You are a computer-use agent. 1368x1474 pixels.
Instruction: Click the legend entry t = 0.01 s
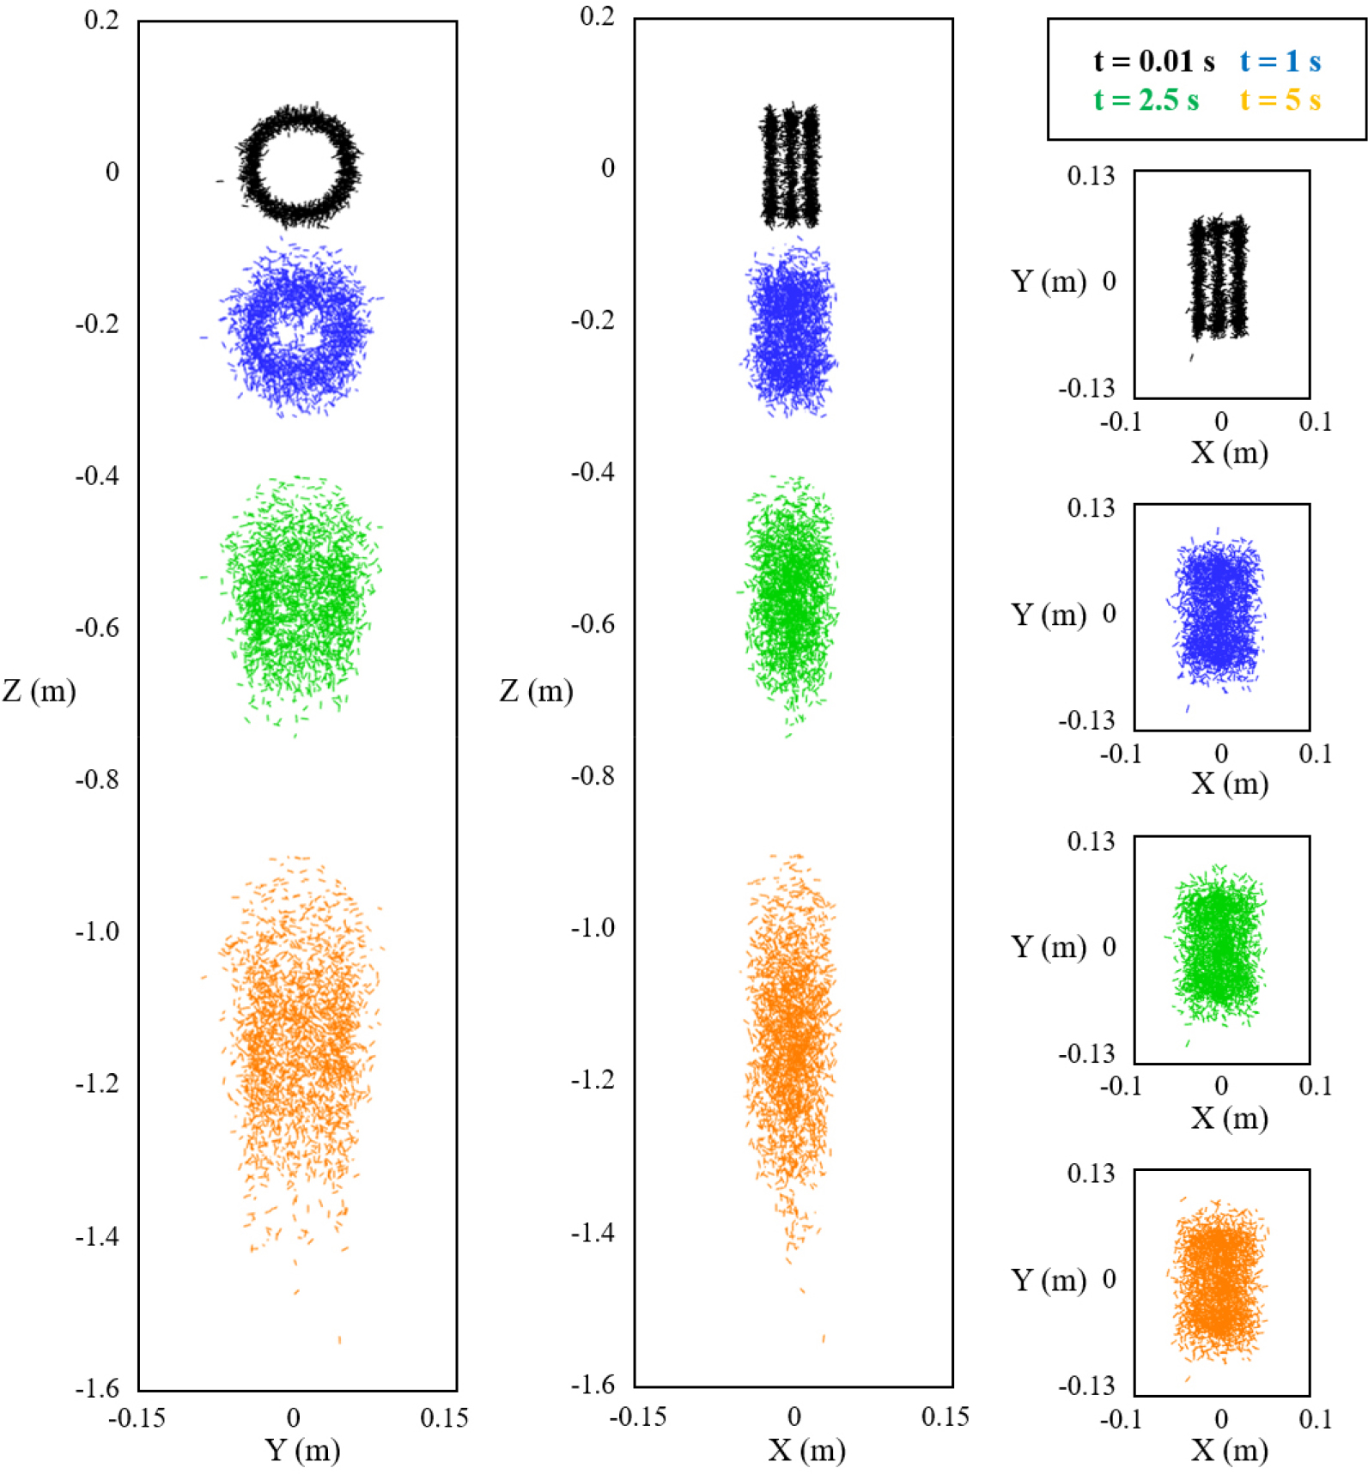coord(1153,62)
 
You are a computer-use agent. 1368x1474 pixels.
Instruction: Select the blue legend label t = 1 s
coord(1280,62)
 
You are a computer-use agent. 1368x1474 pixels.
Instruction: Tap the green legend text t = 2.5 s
coord(1146,100)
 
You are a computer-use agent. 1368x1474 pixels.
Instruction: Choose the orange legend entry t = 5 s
coord(1280,100)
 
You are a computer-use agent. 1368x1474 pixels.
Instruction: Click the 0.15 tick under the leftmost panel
coord(444,1417)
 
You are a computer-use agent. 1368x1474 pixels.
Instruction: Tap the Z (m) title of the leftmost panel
coord(40,690)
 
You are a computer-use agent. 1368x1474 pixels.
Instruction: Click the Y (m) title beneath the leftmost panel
coord(302,1450)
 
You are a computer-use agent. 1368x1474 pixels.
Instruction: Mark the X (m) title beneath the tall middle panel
coord(806,1450)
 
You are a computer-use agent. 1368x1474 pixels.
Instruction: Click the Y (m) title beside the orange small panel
coord(1049,1280)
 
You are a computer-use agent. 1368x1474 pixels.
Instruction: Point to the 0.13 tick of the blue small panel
coord(1091,508)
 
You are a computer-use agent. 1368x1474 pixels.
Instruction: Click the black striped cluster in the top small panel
coord(1218,276)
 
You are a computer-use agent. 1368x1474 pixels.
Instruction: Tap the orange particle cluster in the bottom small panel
coord(1218,1279)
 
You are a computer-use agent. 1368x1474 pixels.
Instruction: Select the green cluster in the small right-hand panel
coord(1218,944)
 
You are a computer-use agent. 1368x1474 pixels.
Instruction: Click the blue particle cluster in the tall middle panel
coord(790,328)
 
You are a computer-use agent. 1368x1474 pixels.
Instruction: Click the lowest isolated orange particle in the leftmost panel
coord(340,1339)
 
